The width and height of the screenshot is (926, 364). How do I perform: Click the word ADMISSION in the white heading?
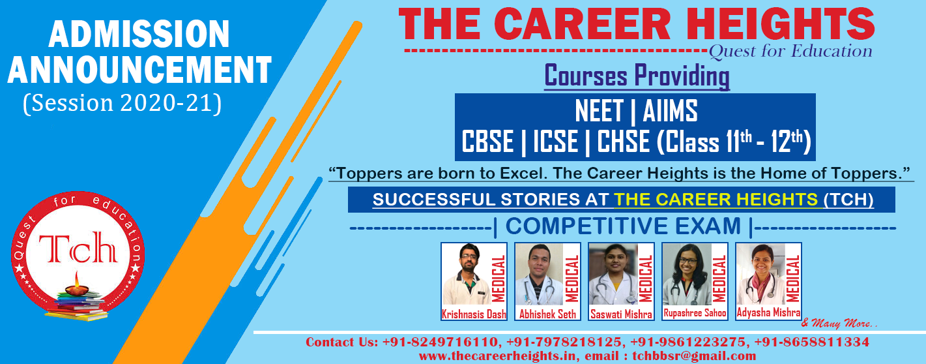click(139, 34)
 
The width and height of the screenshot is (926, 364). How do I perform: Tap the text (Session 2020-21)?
click(123, 103)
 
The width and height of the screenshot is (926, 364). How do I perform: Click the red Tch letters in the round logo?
click(78, 247)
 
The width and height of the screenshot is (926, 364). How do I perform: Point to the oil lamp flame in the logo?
click(76, 279)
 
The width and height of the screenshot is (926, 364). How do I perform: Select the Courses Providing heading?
click(637, 76)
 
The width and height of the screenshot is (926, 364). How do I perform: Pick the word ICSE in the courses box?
click(555, 142)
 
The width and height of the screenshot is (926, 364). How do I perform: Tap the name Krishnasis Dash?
click(474, 314)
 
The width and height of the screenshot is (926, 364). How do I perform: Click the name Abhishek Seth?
click(547, 314)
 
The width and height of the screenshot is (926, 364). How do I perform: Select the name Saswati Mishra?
click(621, 314)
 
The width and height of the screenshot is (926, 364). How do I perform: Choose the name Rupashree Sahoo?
click(695, 313)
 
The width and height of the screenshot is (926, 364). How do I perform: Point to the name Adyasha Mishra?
click(768, 312)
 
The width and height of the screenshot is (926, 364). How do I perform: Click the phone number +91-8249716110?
click(441, 342)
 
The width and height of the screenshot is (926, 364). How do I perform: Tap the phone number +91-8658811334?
click(811, 342)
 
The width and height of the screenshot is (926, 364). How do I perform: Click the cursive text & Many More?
click(839, 323)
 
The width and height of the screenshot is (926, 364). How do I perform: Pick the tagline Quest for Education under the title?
click(790, 52)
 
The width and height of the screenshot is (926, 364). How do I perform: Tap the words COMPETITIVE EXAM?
click(623, 226)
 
